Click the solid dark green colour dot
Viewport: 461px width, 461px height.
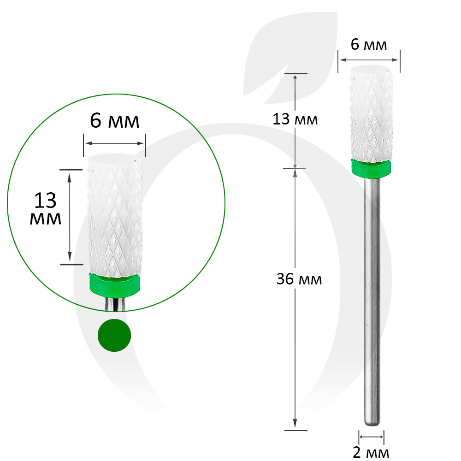[114, 335]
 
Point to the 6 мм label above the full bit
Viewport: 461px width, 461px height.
[368, 45]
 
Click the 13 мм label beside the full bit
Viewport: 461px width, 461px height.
[295, 120]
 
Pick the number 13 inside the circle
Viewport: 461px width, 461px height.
[45, 201]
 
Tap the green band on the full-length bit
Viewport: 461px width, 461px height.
[372, 169]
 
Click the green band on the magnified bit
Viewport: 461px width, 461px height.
[114, 284]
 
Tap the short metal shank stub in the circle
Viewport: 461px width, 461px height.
[114, 304]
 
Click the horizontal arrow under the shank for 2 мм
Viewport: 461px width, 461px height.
[372, 436]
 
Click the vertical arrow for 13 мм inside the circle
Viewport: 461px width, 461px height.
[70, 216]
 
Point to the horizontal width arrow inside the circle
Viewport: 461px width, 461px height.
[114, 142]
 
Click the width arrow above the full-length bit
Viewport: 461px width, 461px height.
[369, 59]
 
